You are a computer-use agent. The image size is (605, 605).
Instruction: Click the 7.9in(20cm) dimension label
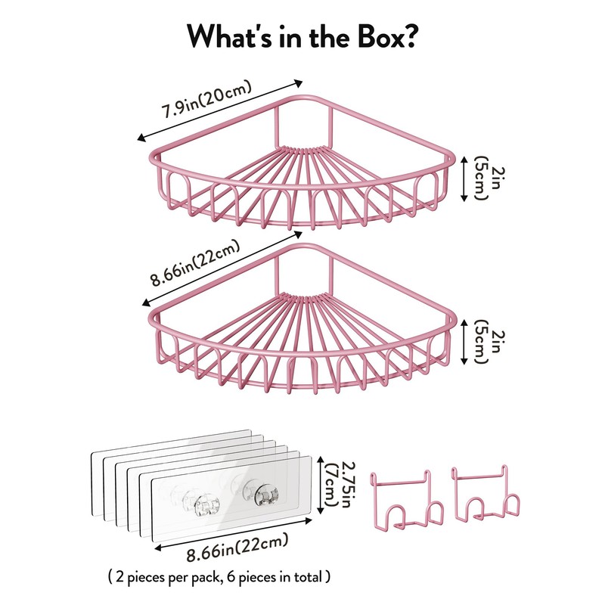[206, 99]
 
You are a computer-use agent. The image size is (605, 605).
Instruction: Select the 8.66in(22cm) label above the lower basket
[196, 263]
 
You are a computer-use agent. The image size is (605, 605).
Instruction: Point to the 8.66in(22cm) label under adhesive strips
[237, 546]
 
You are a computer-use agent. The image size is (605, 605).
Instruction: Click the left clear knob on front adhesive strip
[206, 505]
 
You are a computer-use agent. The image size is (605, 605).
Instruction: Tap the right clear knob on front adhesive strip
[266, 495]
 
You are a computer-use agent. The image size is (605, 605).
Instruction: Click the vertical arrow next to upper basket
[464, 178]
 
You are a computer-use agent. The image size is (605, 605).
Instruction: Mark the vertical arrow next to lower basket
[464, 342]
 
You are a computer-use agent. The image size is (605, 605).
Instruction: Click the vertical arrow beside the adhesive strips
[320, 485]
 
